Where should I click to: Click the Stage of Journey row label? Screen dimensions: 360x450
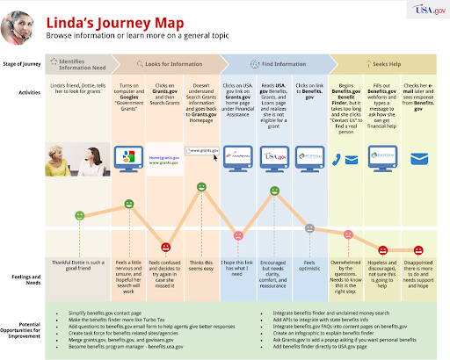25,63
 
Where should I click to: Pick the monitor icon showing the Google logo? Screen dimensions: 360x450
128,159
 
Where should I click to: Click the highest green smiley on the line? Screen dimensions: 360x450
202,187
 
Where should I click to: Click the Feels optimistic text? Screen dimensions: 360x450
309,264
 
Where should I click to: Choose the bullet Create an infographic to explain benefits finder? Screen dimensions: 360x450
330,334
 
